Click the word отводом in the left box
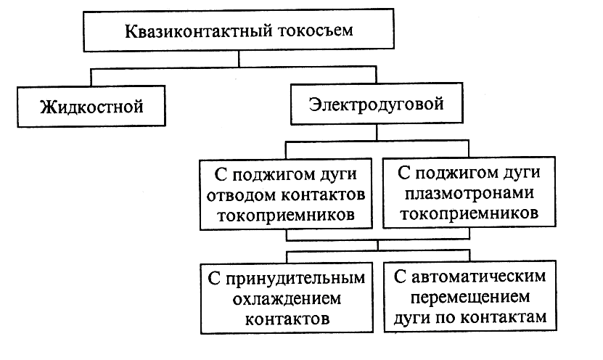pos(237,195)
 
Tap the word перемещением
pos(469,298)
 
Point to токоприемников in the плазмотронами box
pos(468,215)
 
